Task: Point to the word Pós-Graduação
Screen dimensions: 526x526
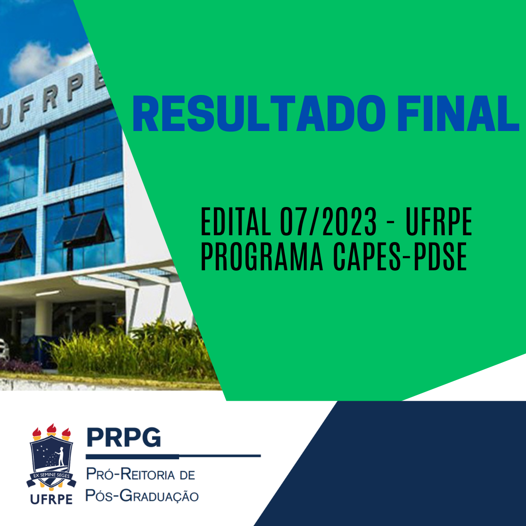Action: click(142, 496)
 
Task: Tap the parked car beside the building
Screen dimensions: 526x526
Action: click(4, 349)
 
